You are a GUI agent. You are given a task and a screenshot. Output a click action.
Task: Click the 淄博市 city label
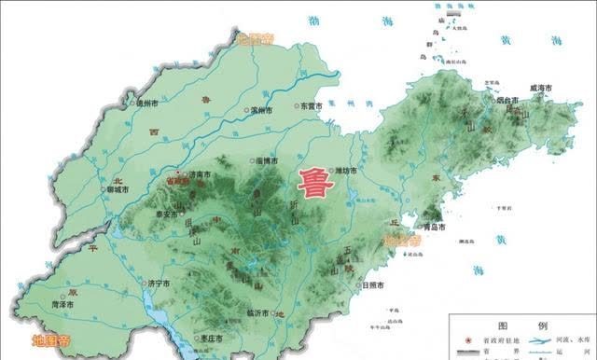pyautogui.click(x=271, y=162)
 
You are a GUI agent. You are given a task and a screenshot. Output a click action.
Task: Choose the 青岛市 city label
pyautogui.click(x=432, y=227)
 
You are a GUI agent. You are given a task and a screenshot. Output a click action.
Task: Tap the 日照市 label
pyautogui.click(x=374, y=285)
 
